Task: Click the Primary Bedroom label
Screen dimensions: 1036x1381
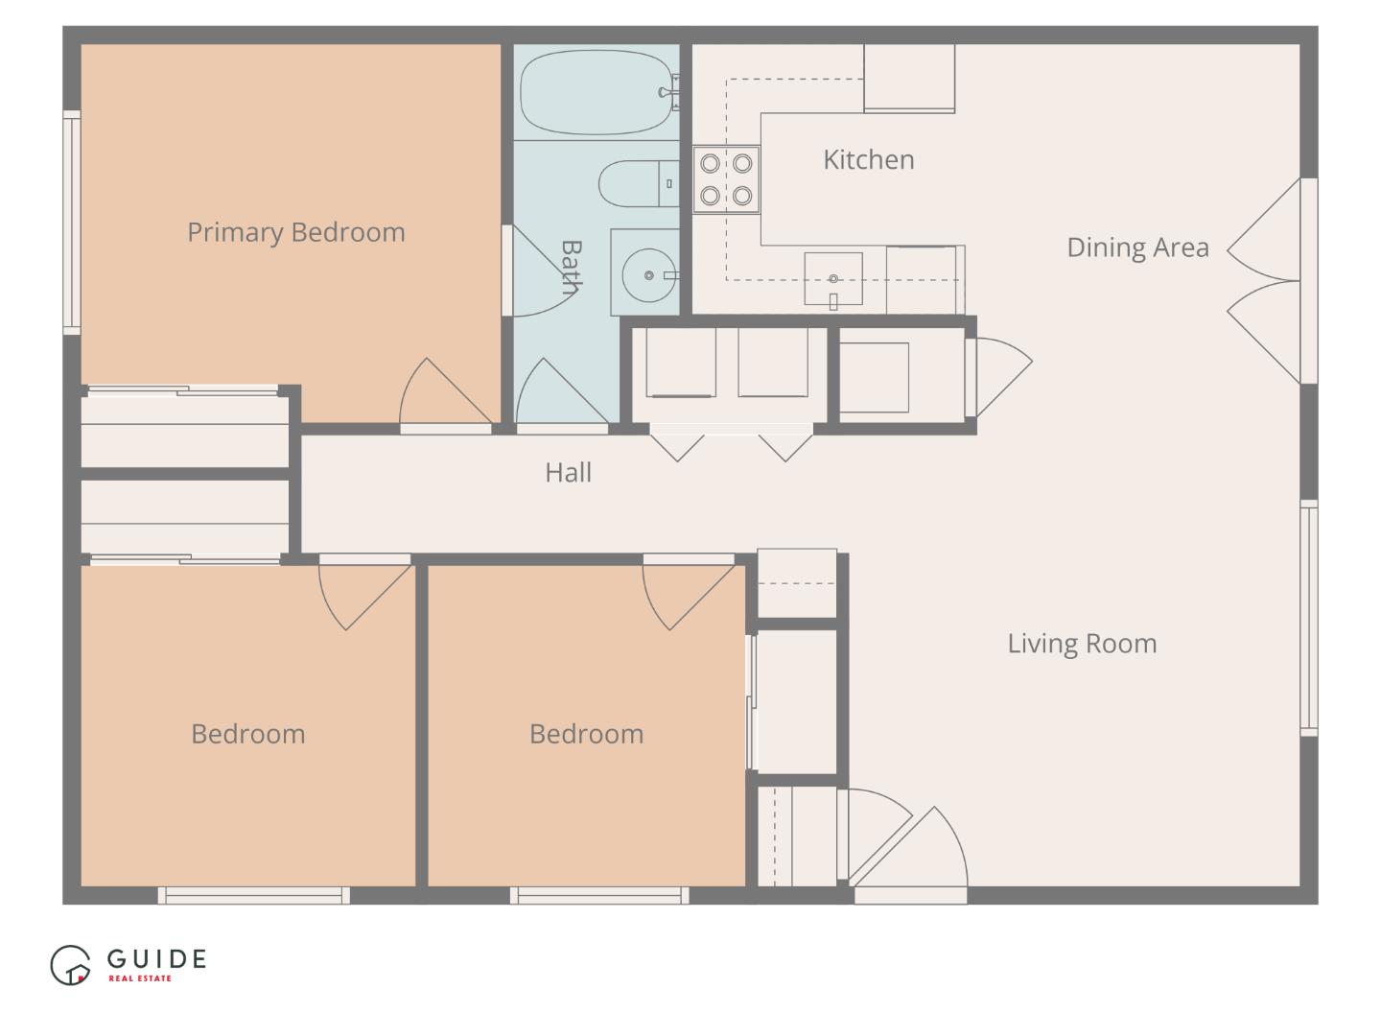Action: click(295, 232)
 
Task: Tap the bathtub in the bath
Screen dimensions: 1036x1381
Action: click(597, 92)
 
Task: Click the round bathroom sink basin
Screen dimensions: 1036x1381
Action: click(648, 275)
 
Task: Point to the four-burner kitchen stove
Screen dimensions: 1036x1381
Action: click(726, 179)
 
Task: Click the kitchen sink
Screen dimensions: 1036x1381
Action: click(832, 278)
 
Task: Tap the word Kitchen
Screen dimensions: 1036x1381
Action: click(868, 159)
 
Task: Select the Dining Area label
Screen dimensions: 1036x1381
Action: click(1137, 247)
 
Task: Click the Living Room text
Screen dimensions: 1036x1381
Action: click(1081, 644)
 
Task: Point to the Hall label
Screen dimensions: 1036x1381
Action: click(568, 472)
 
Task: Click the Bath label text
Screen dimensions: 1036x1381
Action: click(571, 267)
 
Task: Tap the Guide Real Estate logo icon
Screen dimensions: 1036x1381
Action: click(70, 965)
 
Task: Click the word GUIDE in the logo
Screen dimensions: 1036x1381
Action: click(156, 958)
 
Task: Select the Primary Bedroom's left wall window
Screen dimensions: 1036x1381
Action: click(72, 223)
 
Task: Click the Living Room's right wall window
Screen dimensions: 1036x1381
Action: click(1308, 618)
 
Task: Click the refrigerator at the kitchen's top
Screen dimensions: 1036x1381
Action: click(909, 78)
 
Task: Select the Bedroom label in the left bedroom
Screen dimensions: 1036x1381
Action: click(247, 734)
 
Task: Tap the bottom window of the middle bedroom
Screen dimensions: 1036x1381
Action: click(599, 896)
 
